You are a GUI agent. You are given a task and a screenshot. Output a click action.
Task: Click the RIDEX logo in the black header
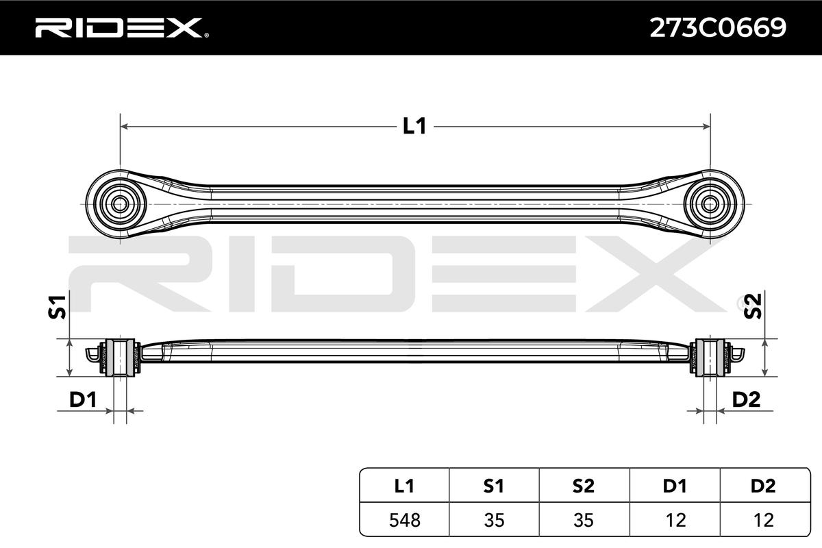(117, 27)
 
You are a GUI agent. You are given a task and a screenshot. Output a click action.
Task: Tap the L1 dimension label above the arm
(414, 126)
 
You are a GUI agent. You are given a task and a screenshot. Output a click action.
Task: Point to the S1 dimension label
(58, 307)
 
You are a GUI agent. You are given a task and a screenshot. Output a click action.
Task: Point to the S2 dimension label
(753, 307)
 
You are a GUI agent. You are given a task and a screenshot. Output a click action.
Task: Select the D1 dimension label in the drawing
(82, 400)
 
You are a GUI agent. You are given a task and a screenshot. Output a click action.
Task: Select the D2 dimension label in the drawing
(746, 400)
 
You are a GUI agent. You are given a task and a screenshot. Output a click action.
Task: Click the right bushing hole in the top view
(710, 203)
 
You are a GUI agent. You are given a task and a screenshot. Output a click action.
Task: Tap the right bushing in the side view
(710, 357)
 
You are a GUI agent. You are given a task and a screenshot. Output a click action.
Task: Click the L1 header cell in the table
(405, 486)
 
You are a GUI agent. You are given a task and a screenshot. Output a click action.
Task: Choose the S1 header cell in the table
(494, 486)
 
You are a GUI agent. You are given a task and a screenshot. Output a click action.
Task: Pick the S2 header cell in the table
(583, 486)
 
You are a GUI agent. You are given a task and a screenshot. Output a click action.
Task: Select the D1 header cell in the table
(673, 486)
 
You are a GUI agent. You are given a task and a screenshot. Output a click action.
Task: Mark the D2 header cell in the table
(762, 486)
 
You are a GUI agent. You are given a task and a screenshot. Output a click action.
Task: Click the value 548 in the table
(405, 520)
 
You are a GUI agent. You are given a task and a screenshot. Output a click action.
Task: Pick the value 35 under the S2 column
(583, 520)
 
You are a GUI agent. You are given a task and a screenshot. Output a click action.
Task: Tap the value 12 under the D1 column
(673, 520)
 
